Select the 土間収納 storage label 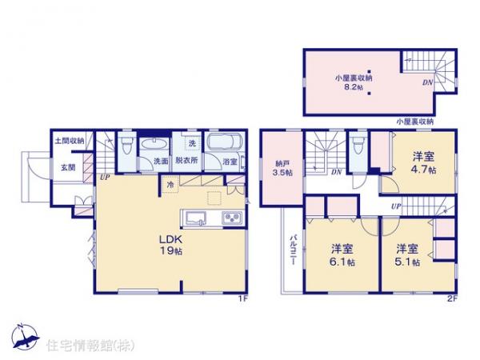pyautogui.click(x=70, y=142)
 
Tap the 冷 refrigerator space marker pyautogui.click(x=170, y=186)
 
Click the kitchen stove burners pyautogui.click(x=231, y=218)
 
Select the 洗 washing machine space pyautogui.click(x=192, y=143)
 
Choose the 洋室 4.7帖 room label pyautogui.click(x=424, y=163)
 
